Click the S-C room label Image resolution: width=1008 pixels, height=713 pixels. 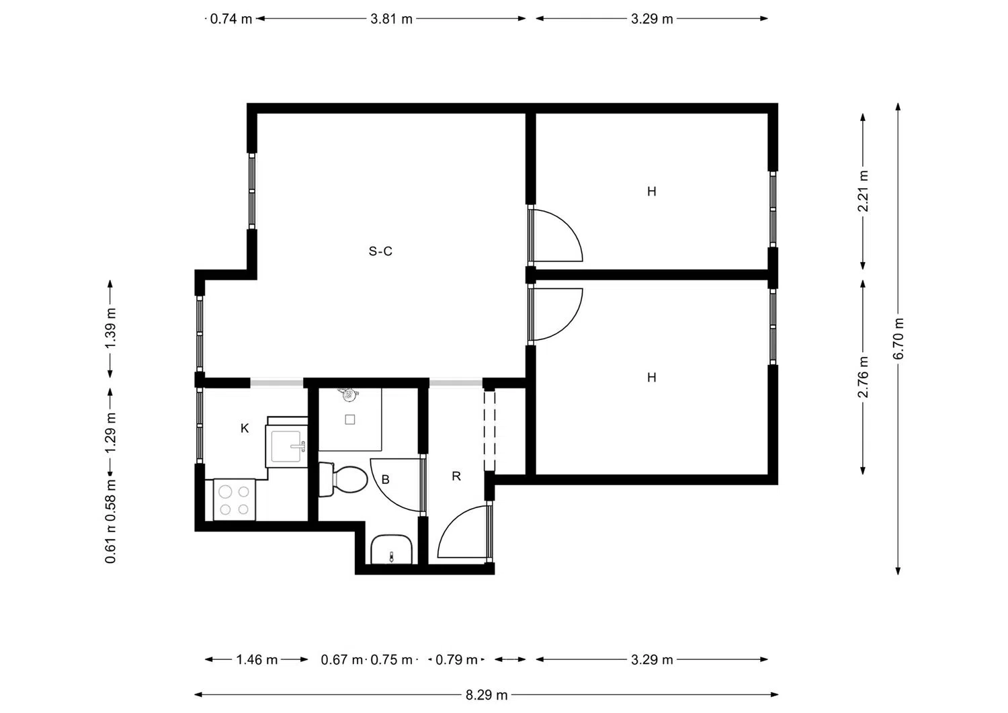pyautogui.click(x=380, y=251)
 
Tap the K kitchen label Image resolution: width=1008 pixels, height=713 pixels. pyautogui.click(x=245, y=428)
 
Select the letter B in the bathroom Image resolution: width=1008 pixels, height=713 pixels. pyautogui.click(x=386, y=479)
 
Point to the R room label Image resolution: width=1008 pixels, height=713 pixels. pyautogui.click(x=456, y=476)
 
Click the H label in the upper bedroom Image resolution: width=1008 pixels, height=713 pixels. pyautogui.click(x=651, y=192)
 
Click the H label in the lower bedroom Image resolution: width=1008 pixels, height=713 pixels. pyautogui.click(x=651, y=378)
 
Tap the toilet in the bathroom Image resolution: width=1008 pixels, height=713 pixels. pyautogui.click(x=343, y=479)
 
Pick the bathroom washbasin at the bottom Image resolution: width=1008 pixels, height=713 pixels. pyautogui.click(x=391, y=550)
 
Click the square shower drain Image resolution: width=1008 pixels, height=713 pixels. pyautogui.click(x=350, y=419)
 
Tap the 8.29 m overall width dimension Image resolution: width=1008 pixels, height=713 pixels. pyautogui.click(x=487, y=695)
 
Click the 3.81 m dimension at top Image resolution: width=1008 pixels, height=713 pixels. pyautogui.click(x=391, y=19)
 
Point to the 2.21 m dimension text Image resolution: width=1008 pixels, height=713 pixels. pyautogui.click(x=864, y=191)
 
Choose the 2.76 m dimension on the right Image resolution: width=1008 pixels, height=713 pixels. pyautogui.click(x=864, y=377)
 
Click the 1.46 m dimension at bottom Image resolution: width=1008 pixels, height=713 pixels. pyautogui.click(x=257, y=660)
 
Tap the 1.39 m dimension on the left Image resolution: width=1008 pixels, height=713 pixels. pyautogui.click(x=111, y=328)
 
